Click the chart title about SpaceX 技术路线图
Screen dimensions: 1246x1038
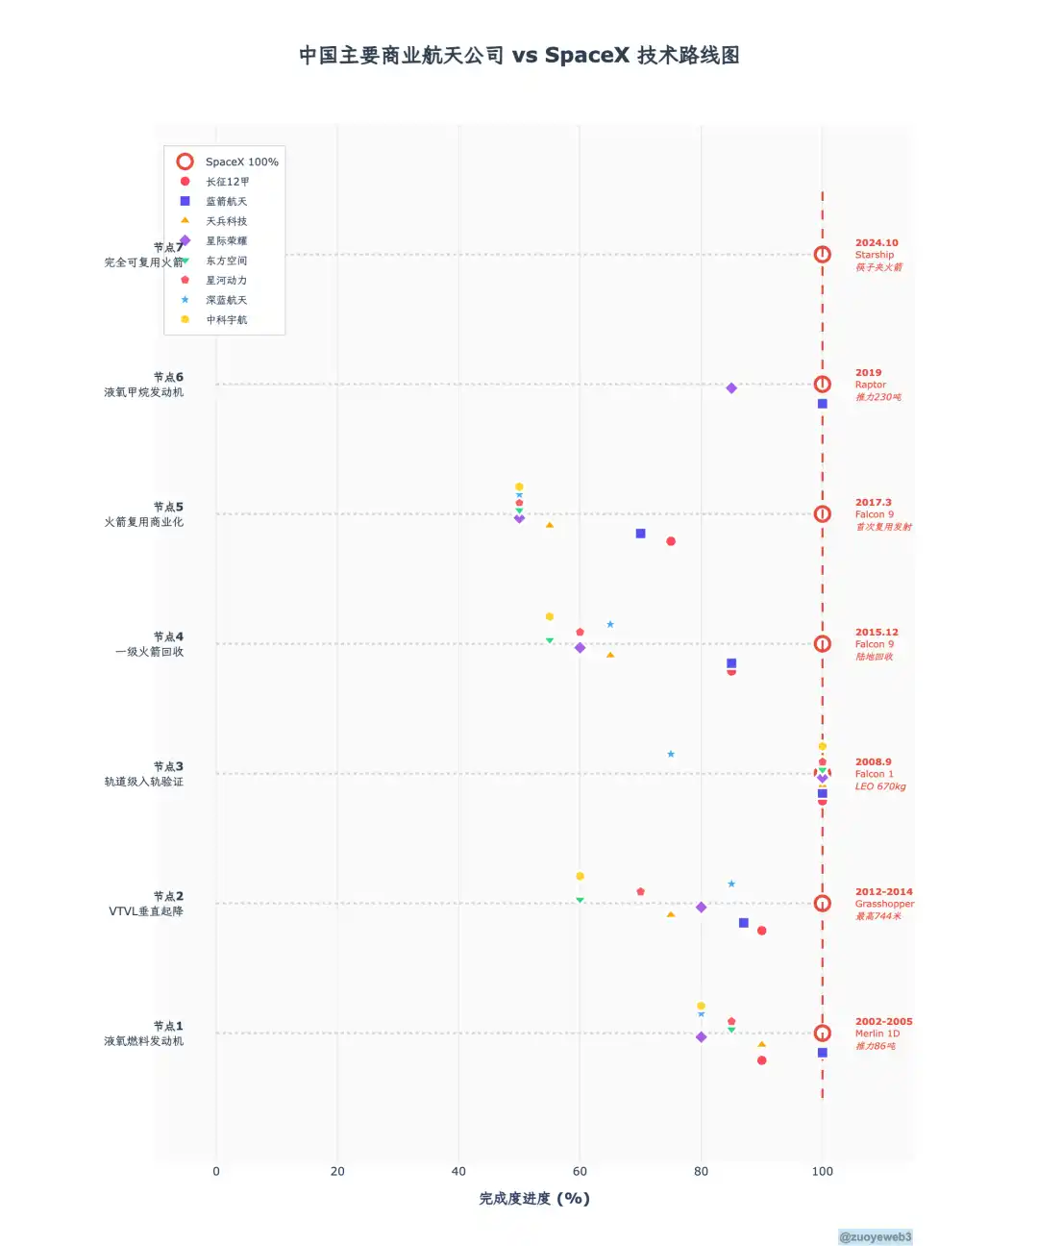519,56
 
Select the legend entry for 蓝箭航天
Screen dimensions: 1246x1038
226,202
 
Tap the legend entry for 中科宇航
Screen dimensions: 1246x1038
226,320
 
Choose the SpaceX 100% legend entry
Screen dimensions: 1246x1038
240,162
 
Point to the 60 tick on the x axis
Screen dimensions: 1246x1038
580,1171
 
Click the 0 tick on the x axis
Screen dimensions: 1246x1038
216,1171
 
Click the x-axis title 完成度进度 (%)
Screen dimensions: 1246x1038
534,1198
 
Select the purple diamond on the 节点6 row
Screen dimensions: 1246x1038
731,388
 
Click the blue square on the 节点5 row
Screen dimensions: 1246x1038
640,534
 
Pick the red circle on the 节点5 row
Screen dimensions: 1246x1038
671,541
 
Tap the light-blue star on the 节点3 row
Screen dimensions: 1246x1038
671,754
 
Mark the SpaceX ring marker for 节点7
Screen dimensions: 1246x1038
822,255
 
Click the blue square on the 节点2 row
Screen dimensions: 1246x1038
743,923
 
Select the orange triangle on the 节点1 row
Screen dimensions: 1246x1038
761,1044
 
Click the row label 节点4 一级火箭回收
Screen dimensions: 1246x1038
149,644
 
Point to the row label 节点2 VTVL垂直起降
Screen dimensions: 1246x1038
146,904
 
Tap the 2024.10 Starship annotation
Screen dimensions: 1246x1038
878,255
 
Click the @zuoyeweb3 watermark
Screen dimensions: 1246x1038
875,1237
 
